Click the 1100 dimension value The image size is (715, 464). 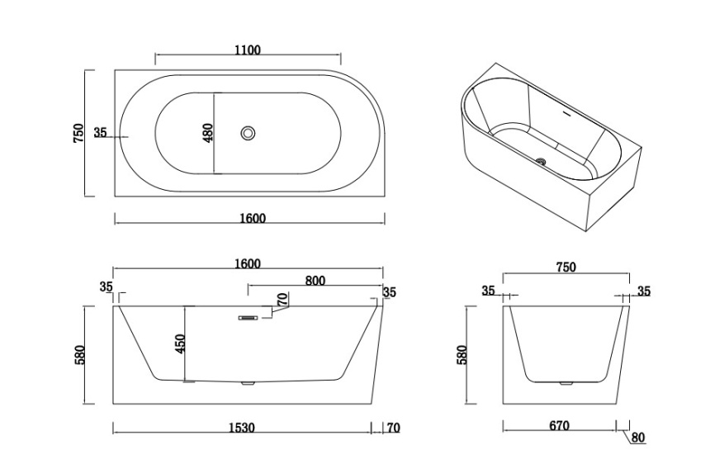pos(248,50)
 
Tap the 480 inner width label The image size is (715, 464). pos(208,133)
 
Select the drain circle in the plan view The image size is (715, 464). pos(248,133)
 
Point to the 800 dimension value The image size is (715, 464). pos(315,281)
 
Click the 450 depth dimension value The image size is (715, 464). pos(180,343)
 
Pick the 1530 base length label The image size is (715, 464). pos(242,428)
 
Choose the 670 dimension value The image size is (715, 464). pos(559,426)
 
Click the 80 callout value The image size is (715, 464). pos(638,438)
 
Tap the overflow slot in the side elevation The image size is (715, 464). pos(248,318)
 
